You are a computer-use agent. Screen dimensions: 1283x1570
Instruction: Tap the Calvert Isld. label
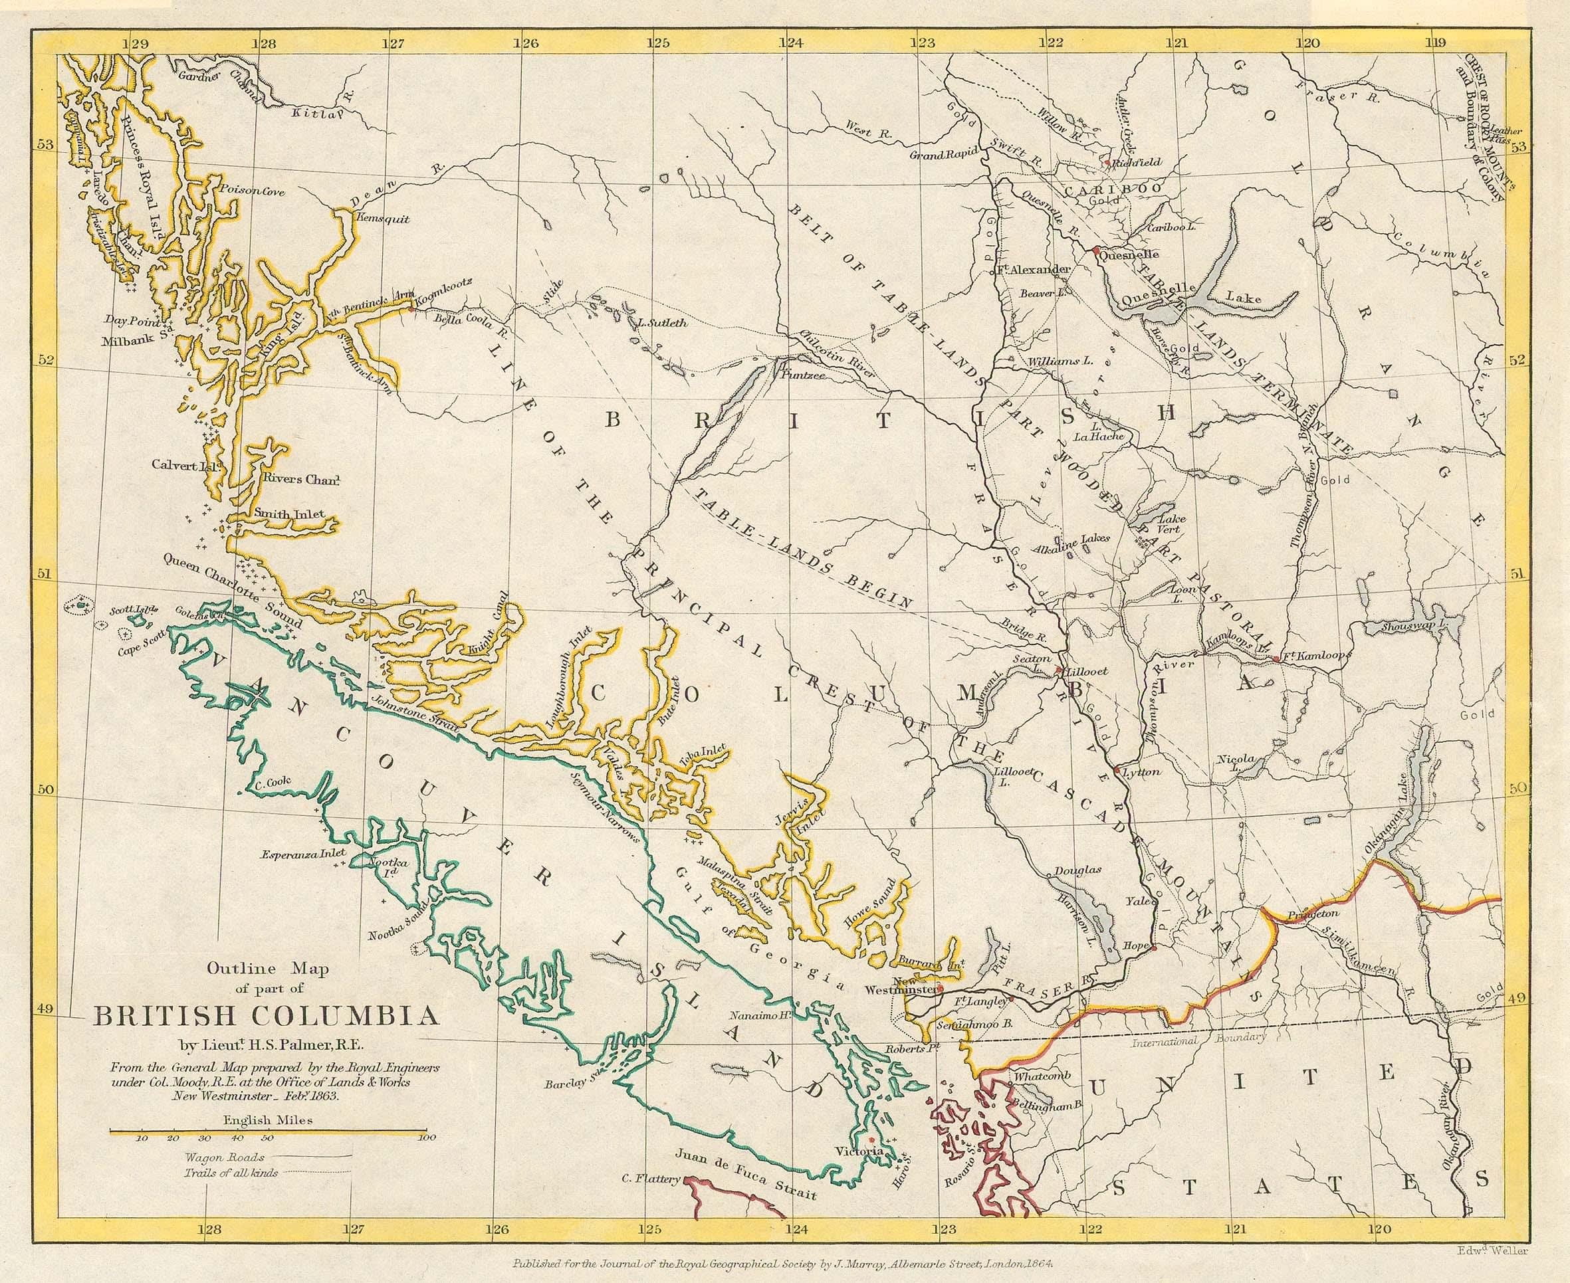[178, 465]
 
